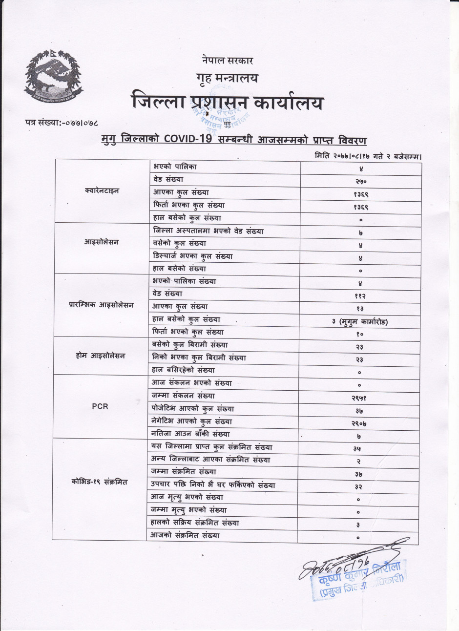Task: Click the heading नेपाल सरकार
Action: point(227,61)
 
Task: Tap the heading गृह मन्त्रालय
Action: point(227,78)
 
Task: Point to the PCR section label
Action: point(100,406)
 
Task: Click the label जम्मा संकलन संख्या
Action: point(183,396)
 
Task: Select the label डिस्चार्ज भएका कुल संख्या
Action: point(192,256)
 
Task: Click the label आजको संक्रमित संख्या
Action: point(186,535)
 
